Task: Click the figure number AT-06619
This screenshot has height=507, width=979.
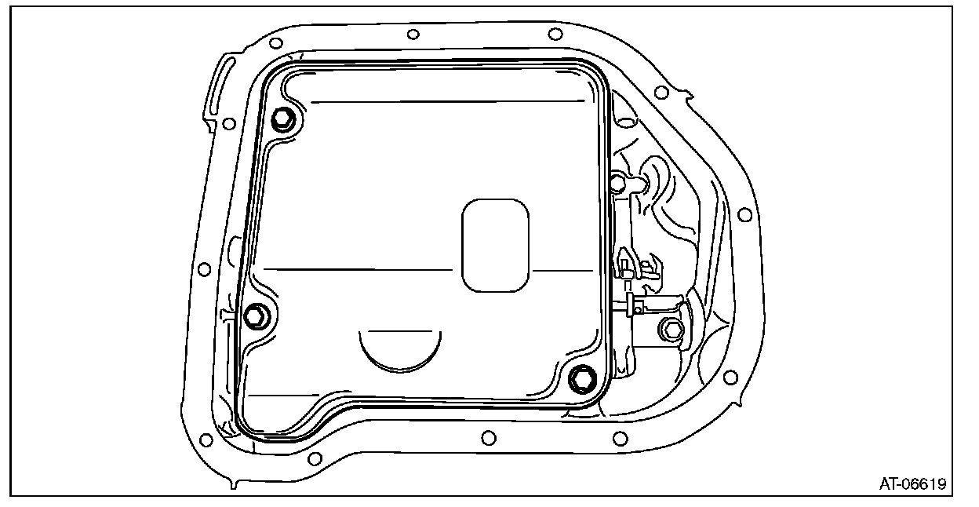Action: (912, 483)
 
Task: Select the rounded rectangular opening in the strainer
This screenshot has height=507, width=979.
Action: (495, 246)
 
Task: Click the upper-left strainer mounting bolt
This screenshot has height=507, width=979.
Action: (283, 119)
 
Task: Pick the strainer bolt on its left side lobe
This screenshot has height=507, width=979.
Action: (256, 316)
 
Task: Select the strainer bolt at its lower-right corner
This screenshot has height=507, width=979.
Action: (582, 379)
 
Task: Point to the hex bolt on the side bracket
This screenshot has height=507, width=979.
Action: (671, 330)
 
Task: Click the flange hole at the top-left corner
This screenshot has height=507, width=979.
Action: (276, 43)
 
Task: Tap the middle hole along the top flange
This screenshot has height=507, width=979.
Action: (413, 34)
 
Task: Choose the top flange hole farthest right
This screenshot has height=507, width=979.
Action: (555, 34)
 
